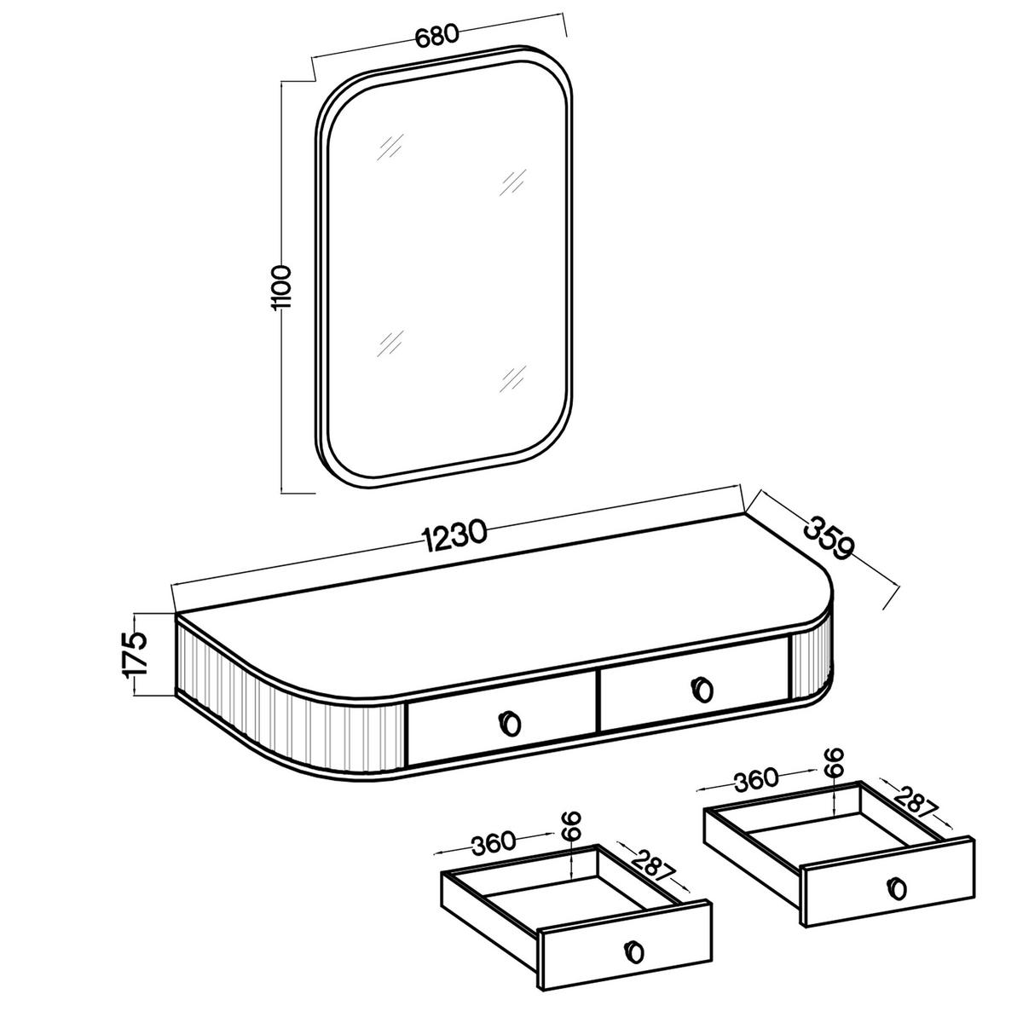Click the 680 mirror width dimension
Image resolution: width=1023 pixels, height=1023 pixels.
[x=436, y=36]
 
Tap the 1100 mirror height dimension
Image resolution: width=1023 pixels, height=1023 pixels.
[x=280, y=287]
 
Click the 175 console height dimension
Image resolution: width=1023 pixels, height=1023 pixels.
[x=134, y=654]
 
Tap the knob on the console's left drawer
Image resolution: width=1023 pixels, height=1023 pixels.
[x=511, y=723]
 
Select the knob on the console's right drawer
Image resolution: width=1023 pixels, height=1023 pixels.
[x=702, y=689]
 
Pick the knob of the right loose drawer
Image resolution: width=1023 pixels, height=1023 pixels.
[x=898, y=888]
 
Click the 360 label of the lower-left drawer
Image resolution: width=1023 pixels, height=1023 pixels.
[x=494, y=844]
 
